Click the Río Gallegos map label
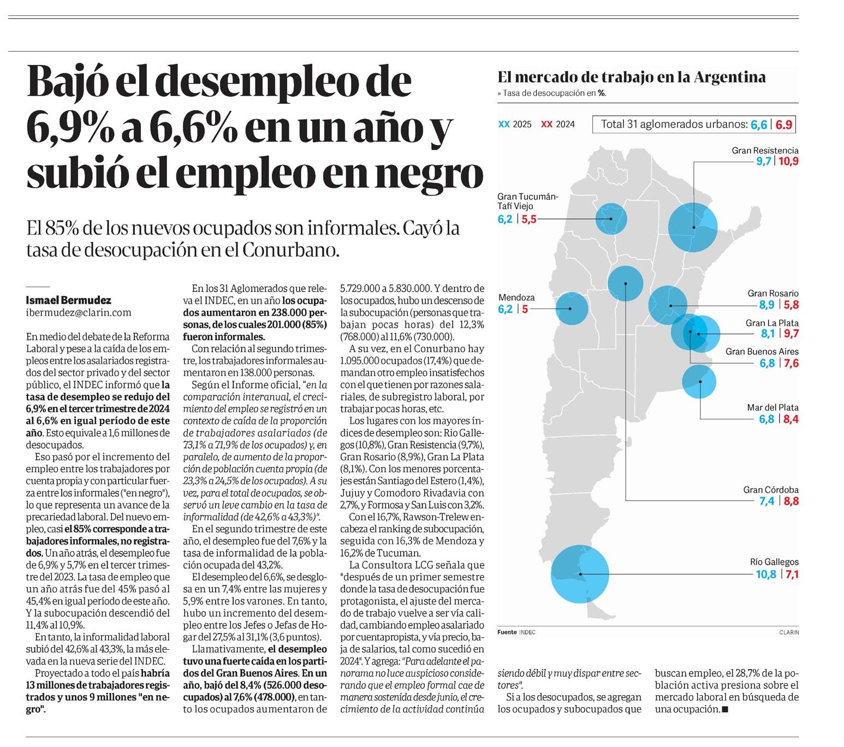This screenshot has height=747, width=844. [x=774, y=562]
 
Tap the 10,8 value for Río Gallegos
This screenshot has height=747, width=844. [x=765, y=574]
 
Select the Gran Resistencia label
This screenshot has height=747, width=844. [x=765, y=150]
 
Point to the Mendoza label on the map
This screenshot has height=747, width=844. [x=516, y=298]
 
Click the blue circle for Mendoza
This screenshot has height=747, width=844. [x=570, y=309]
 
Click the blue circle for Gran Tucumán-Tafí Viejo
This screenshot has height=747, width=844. [x=611, y=219]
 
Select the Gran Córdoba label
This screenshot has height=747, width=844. [x=770, y=490]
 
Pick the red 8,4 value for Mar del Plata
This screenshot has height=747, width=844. [x=791, y=419]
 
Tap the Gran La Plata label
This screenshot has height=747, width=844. [x=772, y=323]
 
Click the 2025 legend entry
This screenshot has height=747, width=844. [x=515, y=124]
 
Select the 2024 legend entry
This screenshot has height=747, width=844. [x=558, y=124]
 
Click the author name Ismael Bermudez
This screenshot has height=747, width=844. [x=68, y=300]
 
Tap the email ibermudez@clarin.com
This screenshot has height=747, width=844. [x=79, y=312]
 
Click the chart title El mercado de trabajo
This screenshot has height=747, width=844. [x=631, y=78]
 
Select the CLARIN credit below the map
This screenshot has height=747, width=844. [x=788, y=632]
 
